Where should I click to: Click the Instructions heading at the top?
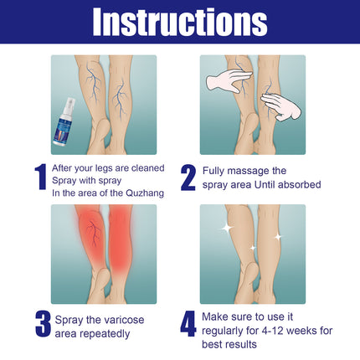(x=180, y=22)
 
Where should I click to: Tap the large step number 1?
(x=40, y=177)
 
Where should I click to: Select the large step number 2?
(x=189, y=177)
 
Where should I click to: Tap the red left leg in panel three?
(x=85, y=243)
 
